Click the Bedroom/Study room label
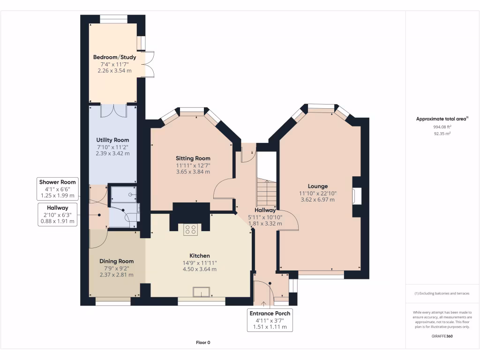(x=114, y=57)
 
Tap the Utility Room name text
(x=112, y=140)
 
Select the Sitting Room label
(x=193, y=158)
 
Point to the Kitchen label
(x=199, y=255)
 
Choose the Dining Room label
(x=116, y=261)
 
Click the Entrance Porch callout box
(x=270, y=320)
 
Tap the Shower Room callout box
(x=57, y=189)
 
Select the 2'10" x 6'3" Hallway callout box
(x=57, y=215)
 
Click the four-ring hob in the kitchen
(x=191, y=229)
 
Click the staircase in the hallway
(x=267, y=192)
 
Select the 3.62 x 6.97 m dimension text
(x=317, y=199)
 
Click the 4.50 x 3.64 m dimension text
(x=199, y=269)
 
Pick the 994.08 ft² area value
(x=442, y=127)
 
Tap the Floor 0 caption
(x=203, y=343)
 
